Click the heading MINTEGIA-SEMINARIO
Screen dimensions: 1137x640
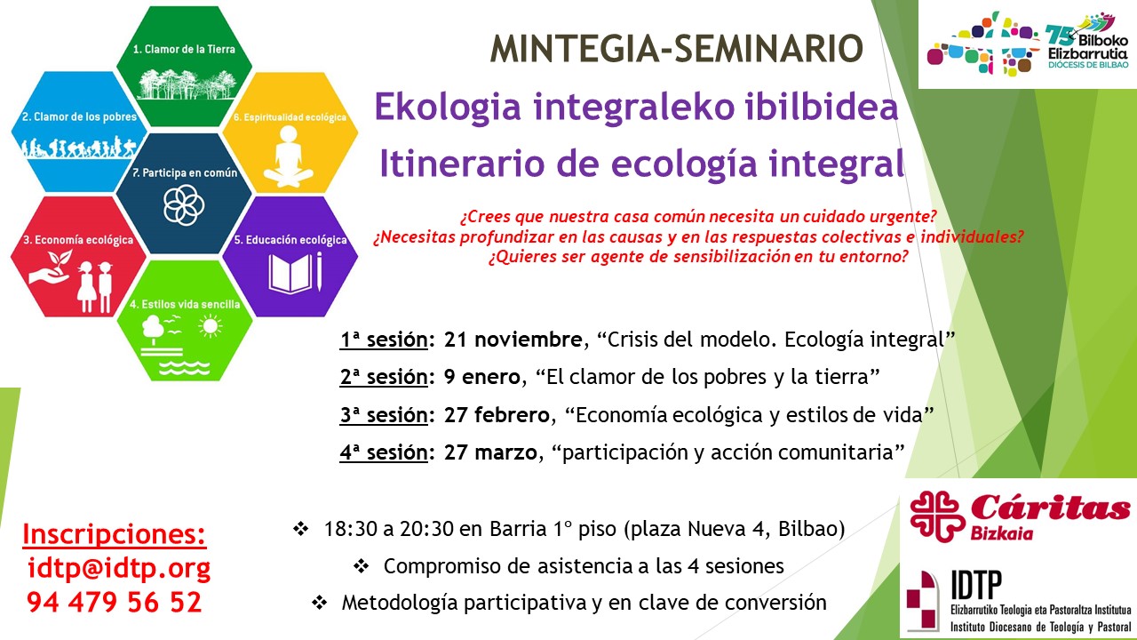pyautogui.click(x=677, y=49)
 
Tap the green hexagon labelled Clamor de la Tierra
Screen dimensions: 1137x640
pyautogui.click(x=184, y=66)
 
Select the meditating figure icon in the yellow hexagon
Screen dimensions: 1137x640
pyautogui.click(x=289, y=156)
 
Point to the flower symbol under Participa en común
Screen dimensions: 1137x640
pyautogui.click(x=184, y=205)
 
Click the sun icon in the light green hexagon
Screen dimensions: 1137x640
pyautogui.click(x=211, y=326)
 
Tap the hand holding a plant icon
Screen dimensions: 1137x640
pyautogui.click(x=52, y=269)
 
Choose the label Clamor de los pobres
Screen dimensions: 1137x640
pyautogui.click(x=79, y=116)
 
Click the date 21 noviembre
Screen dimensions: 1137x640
pyautogui.click(x=513, y=340)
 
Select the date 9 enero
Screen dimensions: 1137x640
pyautogui.click(x=481, y=377)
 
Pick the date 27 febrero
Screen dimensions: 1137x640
pyautogui.click(x=497, y=415)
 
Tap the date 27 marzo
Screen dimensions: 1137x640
pyautogui.click(x=490, y=452)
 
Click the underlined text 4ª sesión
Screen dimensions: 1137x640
pyautogui.click(x=384, y=452)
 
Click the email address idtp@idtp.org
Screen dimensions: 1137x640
pyautogui.click(x=119, y=568)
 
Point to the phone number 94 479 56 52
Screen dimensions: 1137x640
pyautogui.click(x=115, y=603)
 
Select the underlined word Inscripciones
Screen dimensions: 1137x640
pyautogui.click(x=115, y=534)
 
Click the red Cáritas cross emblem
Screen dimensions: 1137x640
pyautogui.click(x=937, y=516)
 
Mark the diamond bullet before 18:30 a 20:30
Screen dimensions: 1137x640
pyautogui.click(x=300, y=529)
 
